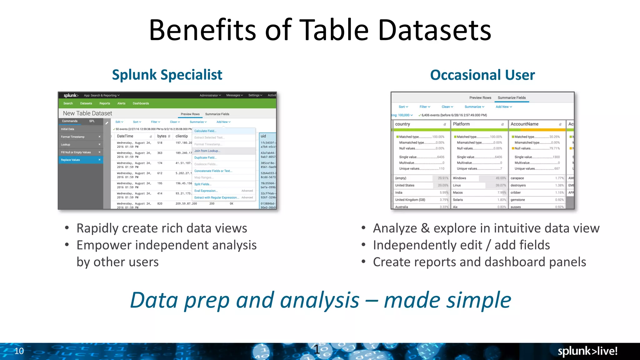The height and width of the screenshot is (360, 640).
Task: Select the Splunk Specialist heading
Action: pos(167,75)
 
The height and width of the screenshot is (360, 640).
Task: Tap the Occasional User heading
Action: pos(482,75)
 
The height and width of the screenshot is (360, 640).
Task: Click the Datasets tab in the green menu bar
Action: pos(86,103)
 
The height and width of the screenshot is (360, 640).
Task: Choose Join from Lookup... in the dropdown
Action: pos(207,151)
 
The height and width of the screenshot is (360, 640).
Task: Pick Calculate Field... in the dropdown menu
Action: pos(205,131)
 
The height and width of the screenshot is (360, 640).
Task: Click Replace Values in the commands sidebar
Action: pos(70,160)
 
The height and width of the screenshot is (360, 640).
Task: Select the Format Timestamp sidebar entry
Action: pos(72,137)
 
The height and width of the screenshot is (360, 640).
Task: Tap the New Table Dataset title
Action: pos(87,113)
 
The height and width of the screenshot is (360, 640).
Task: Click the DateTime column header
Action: pos(125,136)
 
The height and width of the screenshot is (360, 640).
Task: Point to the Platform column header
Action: pos(461,124)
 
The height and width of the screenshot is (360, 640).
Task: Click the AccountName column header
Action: pos(524,124)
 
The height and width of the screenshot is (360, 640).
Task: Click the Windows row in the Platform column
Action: pos(459,178)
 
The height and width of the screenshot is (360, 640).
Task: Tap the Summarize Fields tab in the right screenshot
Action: pos(512,98)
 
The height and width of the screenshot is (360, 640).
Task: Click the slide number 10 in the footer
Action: pos(19,351)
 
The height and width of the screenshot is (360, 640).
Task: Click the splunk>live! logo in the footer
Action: pos(587,351)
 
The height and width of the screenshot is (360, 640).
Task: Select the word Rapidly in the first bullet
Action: pos(97,228)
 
